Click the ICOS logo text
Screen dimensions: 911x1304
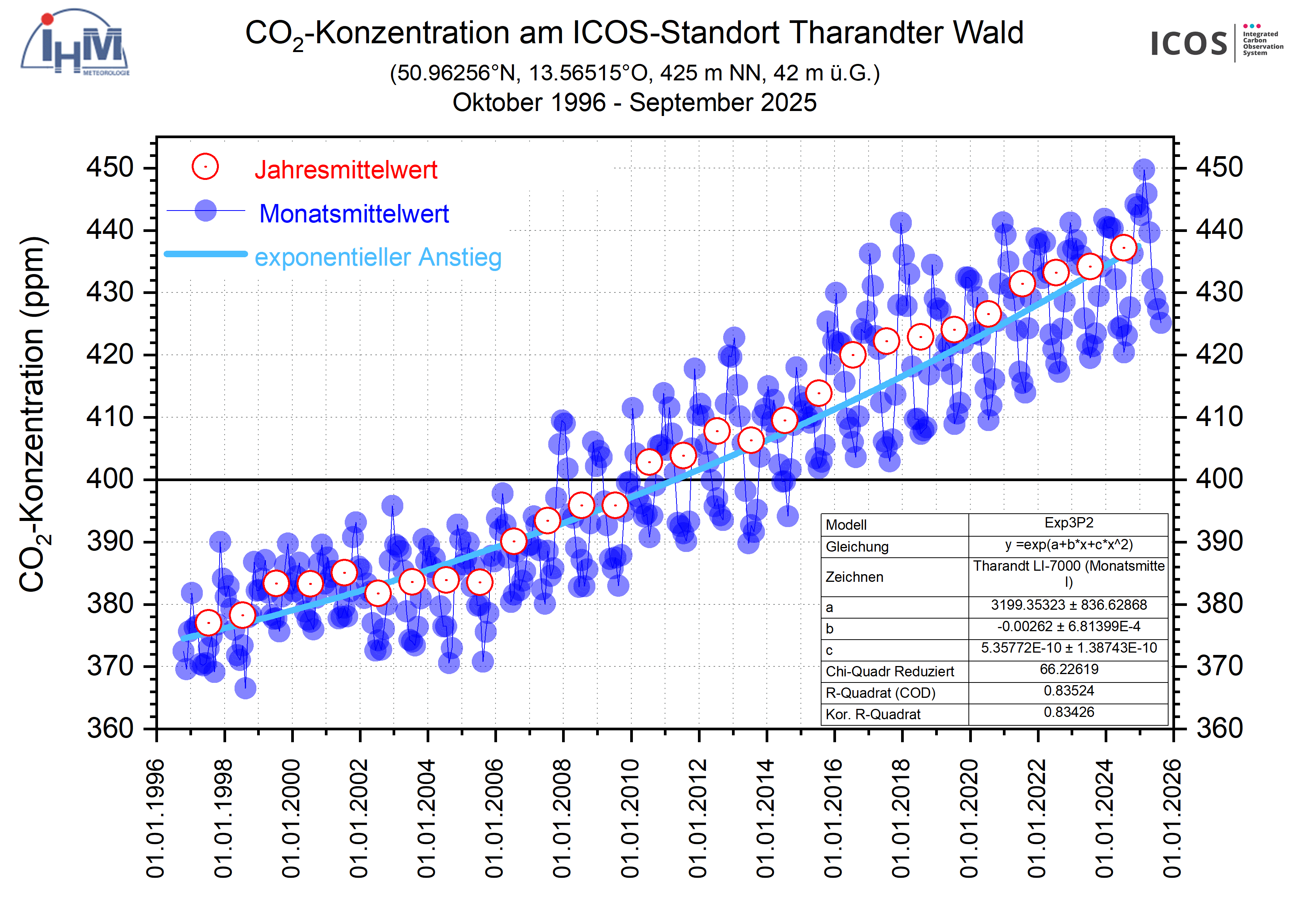(x=1188, y=44)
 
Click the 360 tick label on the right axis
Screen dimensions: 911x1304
(x=1219, y=728)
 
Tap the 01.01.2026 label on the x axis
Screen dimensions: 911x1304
(x=1172, y=818)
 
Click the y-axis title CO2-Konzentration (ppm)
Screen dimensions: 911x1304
(x=33, y=415)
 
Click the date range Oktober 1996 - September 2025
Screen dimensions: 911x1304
(x=634, y=103)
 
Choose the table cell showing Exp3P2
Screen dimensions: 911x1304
(x=1068, y=523)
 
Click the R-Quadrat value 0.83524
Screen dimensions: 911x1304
(x=1068, y=691)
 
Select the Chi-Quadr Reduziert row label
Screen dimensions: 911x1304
(x=889, y=671)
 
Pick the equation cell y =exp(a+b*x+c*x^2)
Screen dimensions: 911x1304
(x=1068, y=545)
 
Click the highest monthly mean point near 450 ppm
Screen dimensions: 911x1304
(x=1144, y=169)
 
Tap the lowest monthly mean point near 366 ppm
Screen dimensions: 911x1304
(x=245, y=688)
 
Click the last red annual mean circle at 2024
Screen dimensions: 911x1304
(x=1123, y=248)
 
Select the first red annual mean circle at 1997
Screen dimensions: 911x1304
(x=209, y=623)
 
